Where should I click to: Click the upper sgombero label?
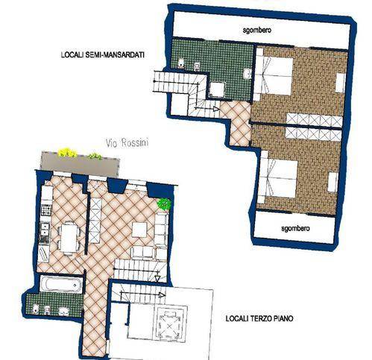[x=256, y=31]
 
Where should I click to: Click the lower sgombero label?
[x=295, y=228]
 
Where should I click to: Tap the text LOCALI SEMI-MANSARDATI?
[x=103, y=54]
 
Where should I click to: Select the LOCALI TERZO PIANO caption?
[x=259, y=318]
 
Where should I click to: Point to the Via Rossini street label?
[x=127, y=143]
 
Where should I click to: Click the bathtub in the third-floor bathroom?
[x=61, y=284]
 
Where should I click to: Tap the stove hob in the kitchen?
[x=46, y=210]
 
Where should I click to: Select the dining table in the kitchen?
[x=69, y=239]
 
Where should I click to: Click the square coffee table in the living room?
[x=139, y=230]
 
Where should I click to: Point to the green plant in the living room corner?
[x=164, y=204]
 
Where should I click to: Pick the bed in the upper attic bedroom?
[x=274, y=76]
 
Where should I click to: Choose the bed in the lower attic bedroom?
[x=277, y=179]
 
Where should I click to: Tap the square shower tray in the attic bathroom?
[x=217, y=89]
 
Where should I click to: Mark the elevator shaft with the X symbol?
[x=170, y=322]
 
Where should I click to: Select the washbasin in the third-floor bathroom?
[x=63, y=312]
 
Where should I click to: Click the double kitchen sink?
[x=45, y=229]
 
